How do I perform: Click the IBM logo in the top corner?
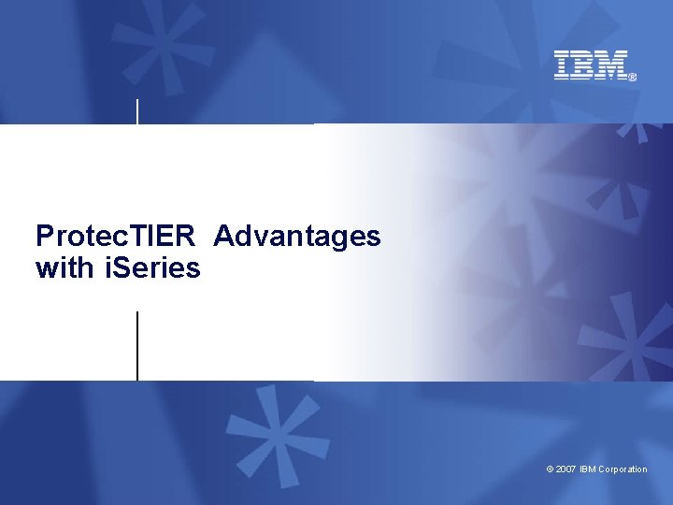pyautogui.click(x=592, y=65)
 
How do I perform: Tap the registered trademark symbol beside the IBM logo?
pyautogui.click(x=633, y=78)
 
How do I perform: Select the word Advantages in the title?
pyautogui.click(x=296, y=236)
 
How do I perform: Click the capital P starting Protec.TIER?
pyautogui.click(x=44, y=236)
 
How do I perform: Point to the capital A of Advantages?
pyautogui.click(x=224, y=236)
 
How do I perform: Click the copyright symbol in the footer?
pyautogui.click(x=550, y=469)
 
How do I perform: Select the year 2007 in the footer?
pyautogui.click(x=566, y=469)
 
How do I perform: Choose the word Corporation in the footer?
pyautogui.click(x=623, y=469)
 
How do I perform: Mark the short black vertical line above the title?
pyautogui.click(x=138, y=110)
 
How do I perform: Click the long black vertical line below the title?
pyautogui.click(x=137, y=345)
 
